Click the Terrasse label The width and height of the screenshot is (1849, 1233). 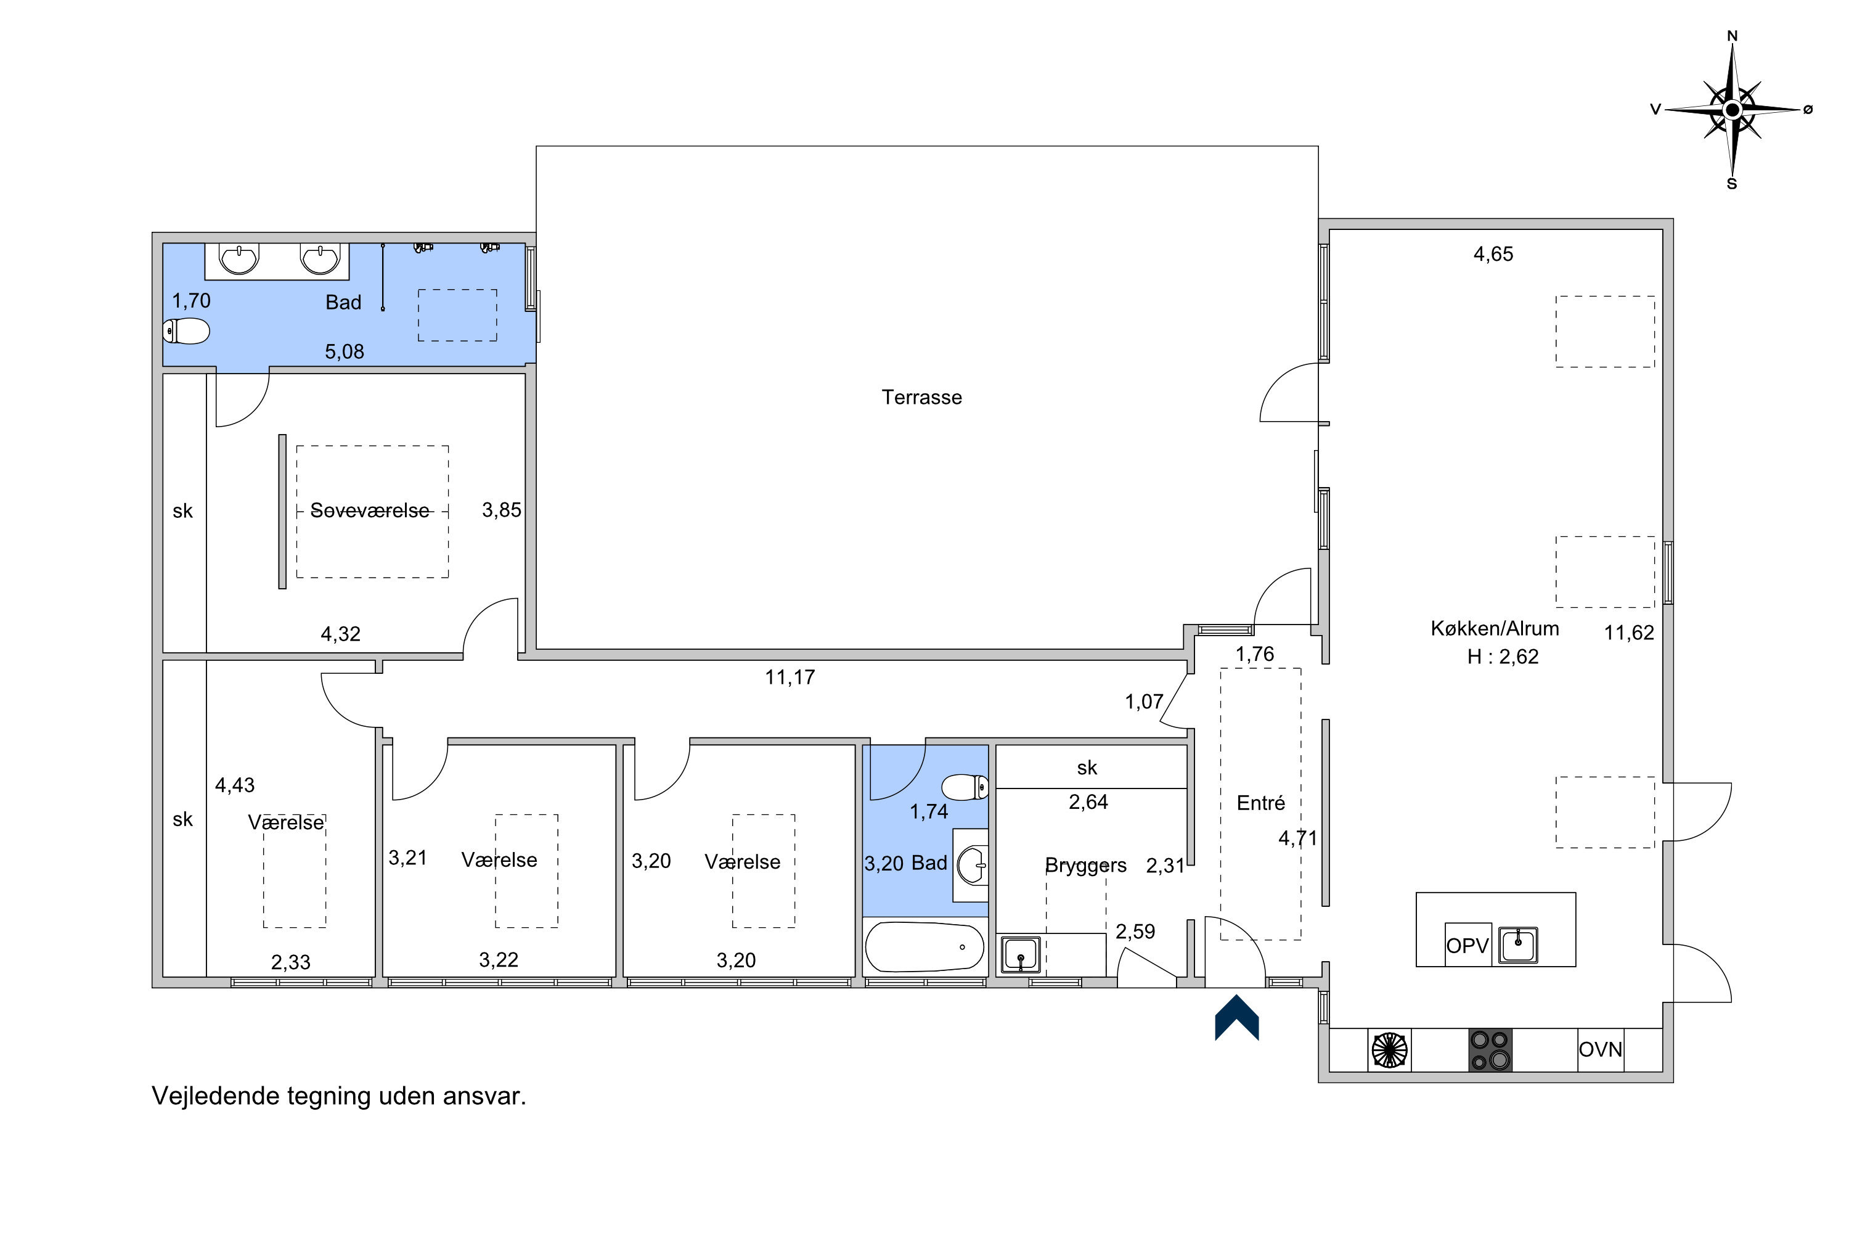point(921,397)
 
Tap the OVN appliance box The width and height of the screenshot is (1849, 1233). point(1601,1050)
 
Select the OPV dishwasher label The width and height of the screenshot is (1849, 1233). point(1467,945)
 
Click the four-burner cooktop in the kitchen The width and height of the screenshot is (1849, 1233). point(1490,1050)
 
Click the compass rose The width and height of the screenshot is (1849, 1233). point(1732,110)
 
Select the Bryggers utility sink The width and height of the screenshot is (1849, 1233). point(1021,954)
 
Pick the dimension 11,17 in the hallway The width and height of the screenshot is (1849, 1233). point(790,677)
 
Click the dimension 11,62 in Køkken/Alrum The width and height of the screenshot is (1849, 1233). point(1629,633)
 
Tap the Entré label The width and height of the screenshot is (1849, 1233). point(1261,803)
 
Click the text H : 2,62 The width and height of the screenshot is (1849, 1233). point(1503,657)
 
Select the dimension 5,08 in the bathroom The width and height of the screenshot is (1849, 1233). point(345,351)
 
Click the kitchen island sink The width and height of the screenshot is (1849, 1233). point(1518,945)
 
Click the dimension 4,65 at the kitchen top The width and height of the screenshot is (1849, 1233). point(1493,254)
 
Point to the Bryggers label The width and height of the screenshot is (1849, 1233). point(1085,866)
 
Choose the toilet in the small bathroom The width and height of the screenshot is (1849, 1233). point(965,787)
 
